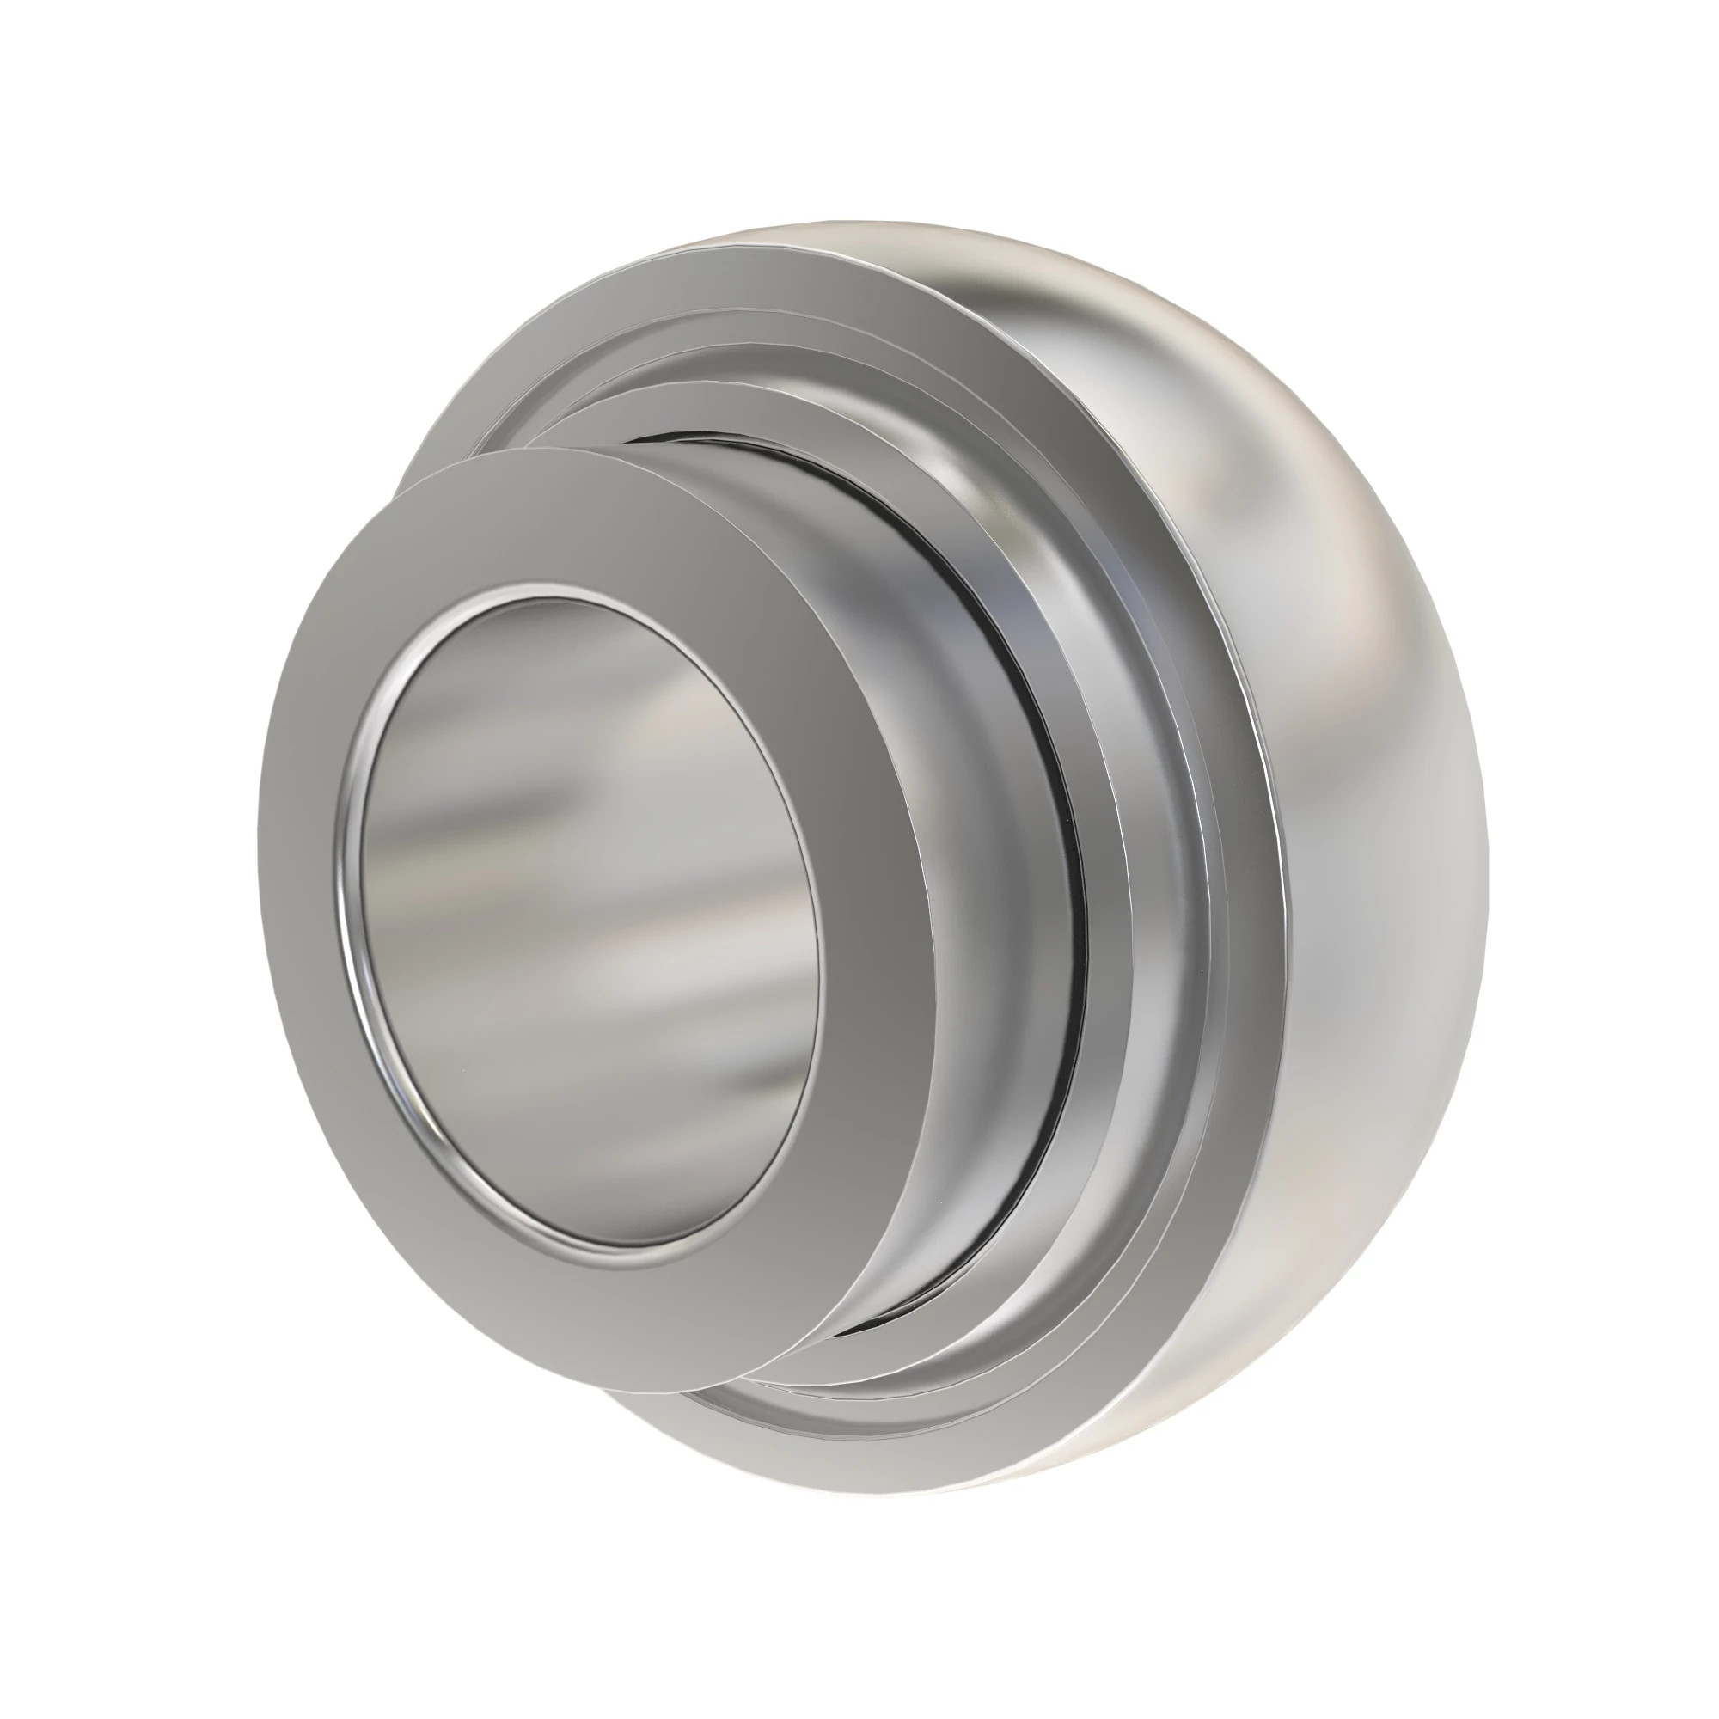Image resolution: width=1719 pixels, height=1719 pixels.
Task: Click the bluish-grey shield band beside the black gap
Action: [x=1112, y=890]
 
